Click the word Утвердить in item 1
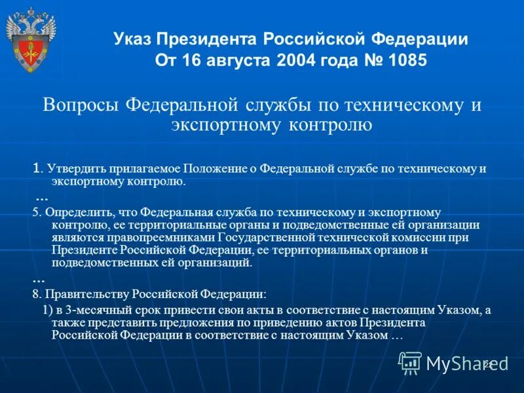69,168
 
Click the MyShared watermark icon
411,362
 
